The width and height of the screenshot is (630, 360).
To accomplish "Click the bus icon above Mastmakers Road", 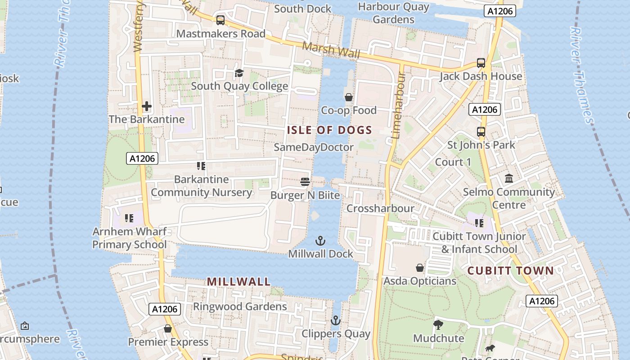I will (x=220, y=20).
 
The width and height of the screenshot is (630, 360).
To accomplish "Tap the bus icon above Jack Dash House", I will (x=481, y=63).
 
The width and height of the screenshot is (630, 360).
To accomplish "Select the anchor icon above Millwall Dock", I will (x=320, y=241).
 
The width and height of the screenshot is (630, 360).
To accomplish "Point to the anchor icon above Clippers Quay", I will (x=335, y=321).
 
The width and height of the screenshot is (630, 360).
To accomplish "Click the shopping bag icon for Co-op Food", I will (x=349, y=97).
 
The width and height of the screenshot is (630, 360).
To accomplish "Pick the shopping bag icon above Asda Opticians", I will (x=420, y=268).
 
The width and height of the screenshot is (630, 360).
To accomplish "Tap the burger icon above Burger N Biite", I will (x=305, y=182).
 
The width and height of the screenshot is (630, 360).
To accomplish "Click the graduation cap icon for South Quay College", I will (x=239, y=73).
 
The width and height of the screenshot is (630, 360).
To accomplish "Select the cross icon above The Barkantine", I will (x=147, y=107).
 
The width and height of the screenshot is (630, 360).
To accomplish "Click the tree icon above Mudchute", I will (x=438, y=325).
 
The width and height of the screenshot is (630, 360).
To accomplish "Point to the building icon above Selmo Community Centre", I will (x=509, y=179).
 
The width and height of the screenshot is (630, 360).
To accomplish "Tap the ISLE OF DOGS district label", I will (x=329, y=130).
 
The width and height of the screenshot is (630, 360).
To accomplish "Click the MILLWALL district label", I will (x=238, y=282).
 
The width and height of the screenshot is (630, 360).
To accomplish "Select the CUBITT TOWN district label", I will (x=510, y=270).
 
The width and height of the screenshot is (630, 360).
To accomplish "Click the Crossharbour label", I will (x=380, y=208).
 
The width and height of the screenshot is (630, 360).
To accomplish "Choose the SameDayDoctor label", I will (x=314, y=147).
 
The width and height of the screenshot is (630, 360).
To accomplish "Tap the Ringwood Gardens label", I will (x=240, y=306).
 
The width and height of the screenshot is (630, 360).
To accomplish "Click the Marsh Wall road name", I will (x=331, y=50).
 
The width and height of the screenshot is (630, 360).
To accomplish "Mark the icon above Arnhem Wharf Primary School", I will (x=130, y=219).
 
